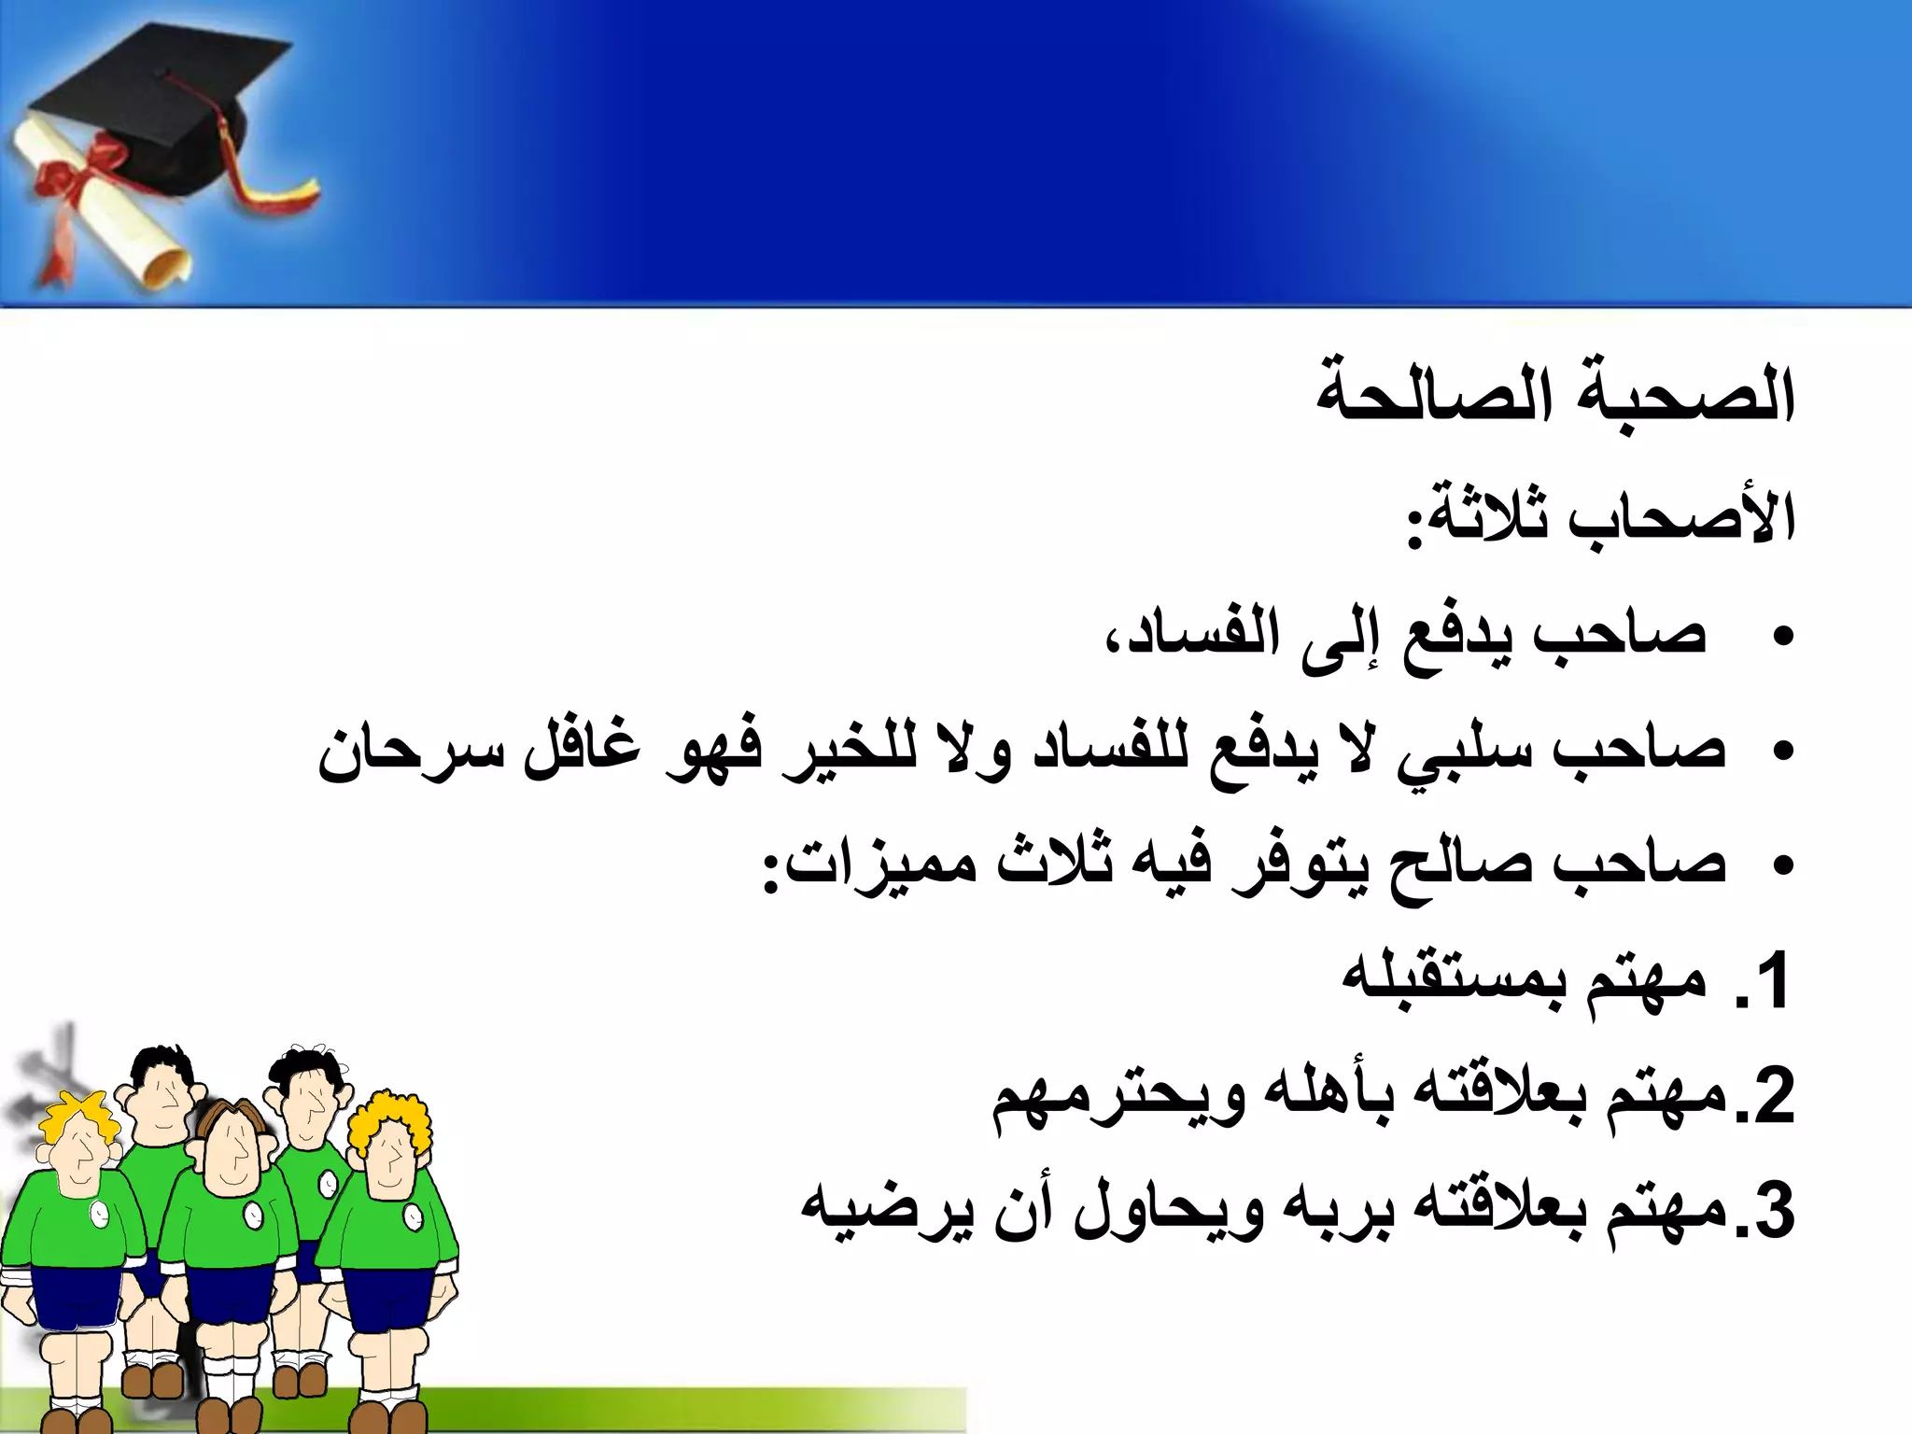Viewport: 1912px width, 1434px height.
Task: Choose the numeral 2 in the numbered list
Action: [1772, 1098]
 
